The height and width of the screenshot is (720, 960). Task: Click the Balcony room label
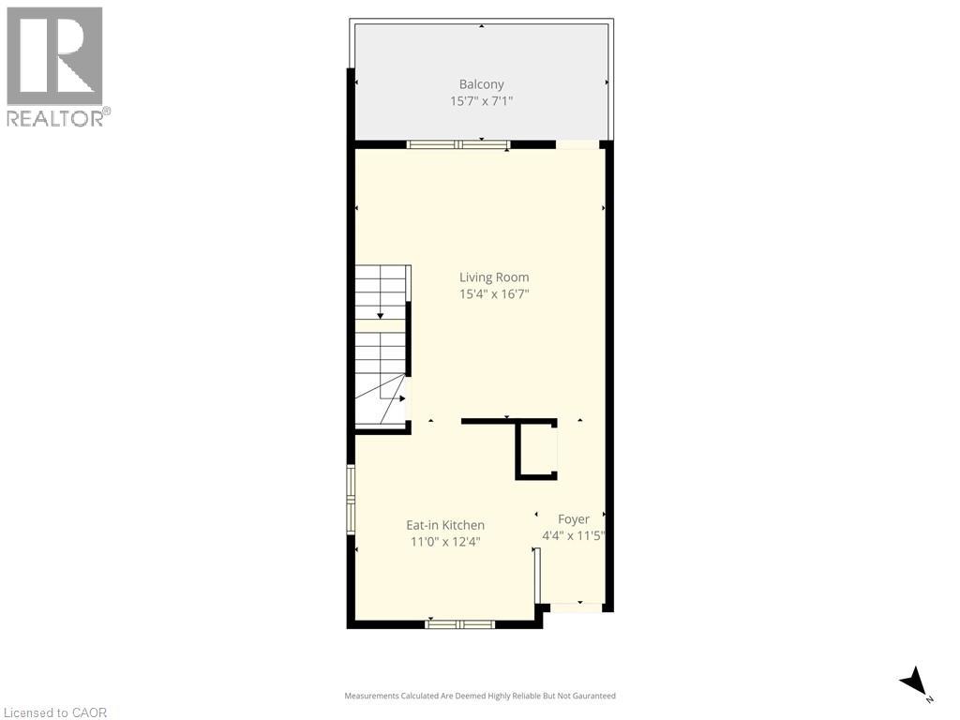point(481,84)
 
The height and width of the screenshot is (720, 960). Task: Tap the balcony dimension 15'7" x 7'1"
point(481,101)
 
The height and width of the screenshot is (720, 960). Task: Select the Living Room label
point(493,277)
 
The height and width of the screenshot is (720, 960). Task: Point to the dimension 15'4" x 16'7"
point(493,293)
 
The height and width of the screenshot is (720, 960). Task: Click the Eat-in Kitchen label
point(444,525)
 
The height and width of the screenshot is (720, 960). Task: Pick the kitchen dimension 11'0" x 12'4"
point(444,542)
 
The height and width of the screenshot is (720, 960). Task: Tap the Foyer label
point(574,519)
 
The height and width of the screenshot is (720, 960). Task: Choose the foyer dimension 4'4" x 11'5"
point(574,536)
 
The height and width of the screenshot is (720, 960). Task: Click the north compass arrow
point(914,682)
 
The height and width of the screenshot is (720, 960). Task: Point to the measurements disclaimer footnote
point(480,696)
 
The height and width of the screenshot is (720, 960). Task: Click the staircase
point(381,347)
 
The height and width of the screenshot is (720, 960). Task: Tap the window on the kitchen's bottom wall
point(459,623)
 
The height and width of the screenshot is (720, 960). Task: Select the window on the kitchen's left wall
point(351,499)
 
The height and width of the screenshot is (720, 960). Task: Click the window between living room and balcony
point(458,144)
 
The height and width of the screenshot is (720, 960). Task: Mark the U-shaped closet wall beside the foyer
point(536,450)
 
